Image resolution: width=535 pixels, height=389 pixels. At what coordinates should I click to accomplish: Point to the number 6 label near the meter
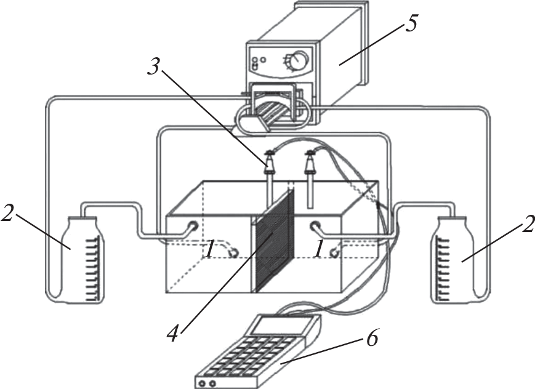[x=371, y=337]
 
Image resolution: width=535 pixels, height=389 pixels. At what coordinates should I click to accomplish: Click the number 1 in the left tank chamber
[x=211, y=249]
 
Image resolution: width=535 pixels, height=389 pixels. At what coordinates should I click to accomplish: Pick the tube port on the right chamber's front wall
[x=316, y=227]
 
